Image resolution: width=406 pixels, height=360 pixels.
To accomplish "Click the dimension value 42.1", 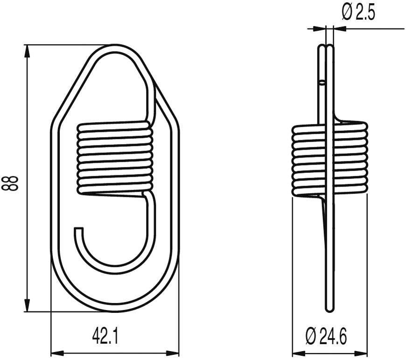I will (x=105, y=336).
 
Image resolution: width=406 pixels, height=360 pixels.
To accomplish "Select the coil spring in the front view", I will (x=115, y=159).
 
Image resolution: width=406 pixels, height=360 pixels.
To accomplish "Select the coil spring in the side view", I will (x=329, y=159).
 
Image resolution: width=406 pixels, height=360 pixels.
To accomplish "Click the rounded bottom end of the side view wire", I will (x=329, y=308).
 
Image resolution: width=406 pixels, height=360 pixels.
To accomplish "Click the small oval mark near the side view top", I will (x=322, y=83).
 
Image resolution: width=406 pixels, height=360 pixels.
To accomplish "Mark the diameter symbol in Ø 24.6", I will (x=312, y=336).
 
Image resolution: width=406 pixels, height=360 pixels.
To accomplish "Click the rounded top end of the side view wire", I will (x=326, y=47).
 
